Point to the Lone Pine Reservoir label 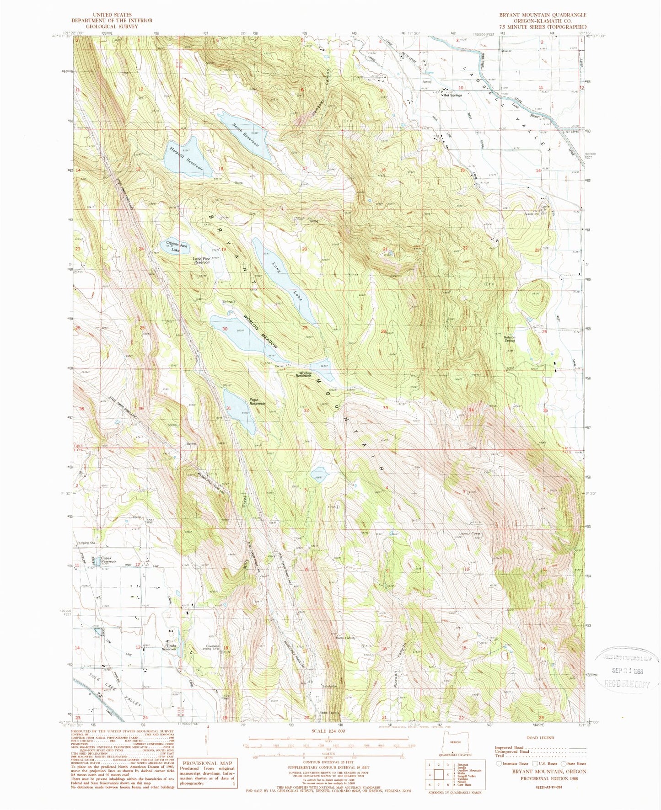point(202,261)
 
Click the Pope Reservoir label point(257,402)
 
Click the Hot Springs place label point(452,96)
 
